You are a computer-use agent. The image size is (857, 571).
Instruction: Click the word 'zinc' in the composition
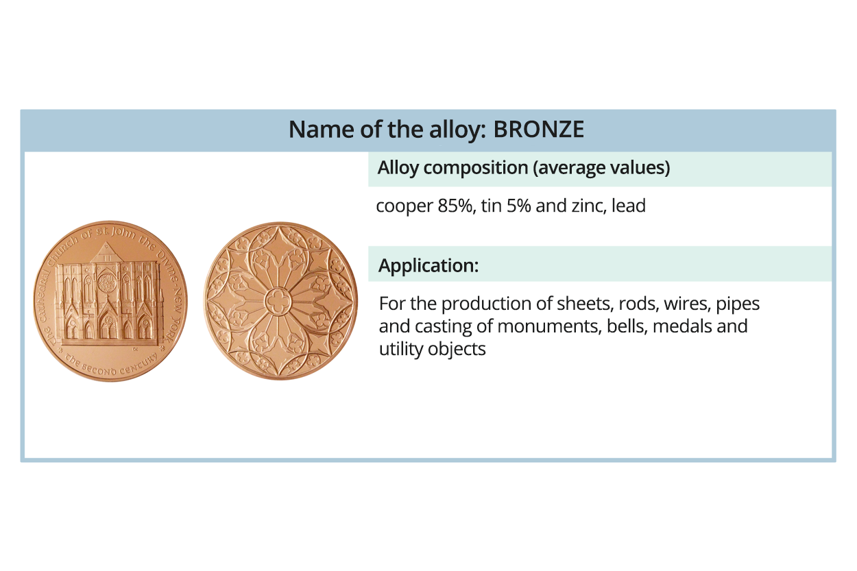point(585,206)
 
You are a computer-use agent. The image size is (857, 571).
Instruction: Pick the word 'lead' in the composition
point(629,206)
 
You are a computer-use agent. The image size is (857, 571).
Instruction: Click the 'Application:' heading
point(428,265)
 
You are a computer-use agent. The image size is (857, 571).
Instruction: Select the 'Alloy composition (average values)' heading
point(524,168)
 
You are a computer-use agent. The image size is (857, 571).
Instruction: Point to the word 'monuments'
point(548,326)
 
